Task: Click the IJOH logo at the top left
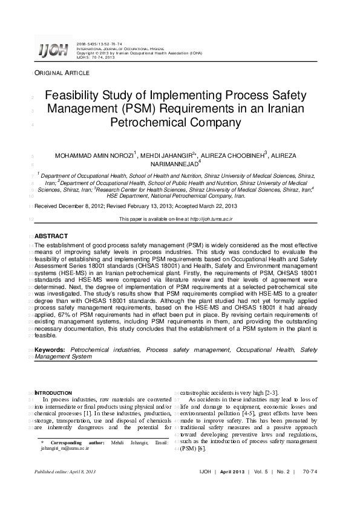coord(53,50)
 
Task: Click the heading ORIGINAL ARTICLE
coord(62,73)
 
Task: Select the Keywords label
coord(50,350)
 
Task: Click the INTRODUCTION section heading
coord(54,393)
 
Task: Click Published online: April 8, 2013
coord(65,472)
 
